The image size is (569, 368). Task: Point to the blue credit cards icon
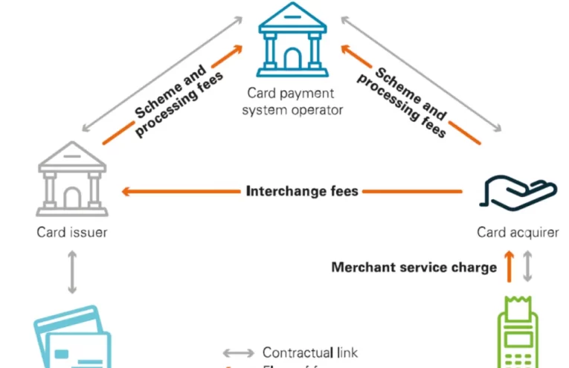point(72,338)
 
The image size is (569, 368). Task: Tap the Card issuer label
point(72,233)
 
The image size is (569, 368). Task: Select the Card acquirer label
point(518,233)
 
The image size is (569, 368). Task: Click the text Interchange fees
point(302,191)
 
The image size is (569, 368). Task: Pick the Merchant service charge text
point(414,268)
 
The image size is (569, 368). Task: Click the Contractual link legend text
point(310,352)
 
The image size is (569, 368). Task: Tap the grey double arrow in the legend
point(238,352)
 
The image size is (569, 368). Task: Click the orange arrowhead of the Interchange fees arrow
point(126,191)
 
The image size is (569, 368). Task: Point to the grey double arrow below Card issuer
point(72,271)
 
